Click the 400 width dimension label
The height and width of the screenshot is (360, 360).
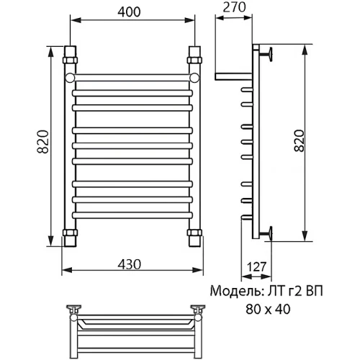point(129,12)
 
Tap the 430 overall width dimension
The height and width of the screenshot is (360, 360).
point(130,264)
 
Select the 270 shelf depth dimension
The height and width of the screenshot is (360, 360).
point(234,7)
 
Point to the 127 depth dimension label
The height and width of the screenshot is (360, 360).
point(256,266)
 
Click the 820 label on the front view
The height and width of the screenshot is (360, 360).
point(43,142)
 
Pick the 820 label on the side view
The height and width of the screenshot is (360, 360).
point(299,140)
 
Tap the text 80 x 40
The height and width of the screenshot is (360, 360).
point(268,309)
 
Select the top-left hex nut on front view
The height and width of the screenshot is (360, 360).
point(71,60)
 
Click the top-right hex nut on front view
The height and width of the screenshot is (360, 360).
point(194,60)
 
